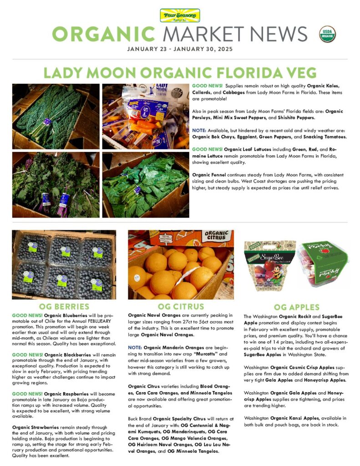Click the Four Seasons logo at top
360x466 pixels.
tap(180, 15)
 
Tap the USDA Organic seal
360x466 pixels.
tap(328, 34)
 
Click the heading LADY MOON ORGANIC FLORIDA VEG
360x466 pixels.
tap(180, 73)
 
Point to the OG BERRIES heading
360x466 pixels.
tap(64, 306)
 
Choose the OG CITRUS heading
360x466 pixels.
tap(181, 306)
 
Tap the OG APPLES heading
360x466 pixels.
tap(296, 307)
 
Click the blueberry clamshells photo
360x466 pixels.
tap(64, 264)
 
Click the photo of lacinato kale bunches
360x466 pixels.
tap(56, 116)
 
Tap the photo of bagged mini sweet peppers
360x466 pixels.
tap(145, 116)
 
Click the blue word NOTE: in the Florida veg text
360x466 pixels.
tap(199, 130)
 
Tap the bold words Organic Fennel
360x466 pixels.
tap(209, 175)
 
